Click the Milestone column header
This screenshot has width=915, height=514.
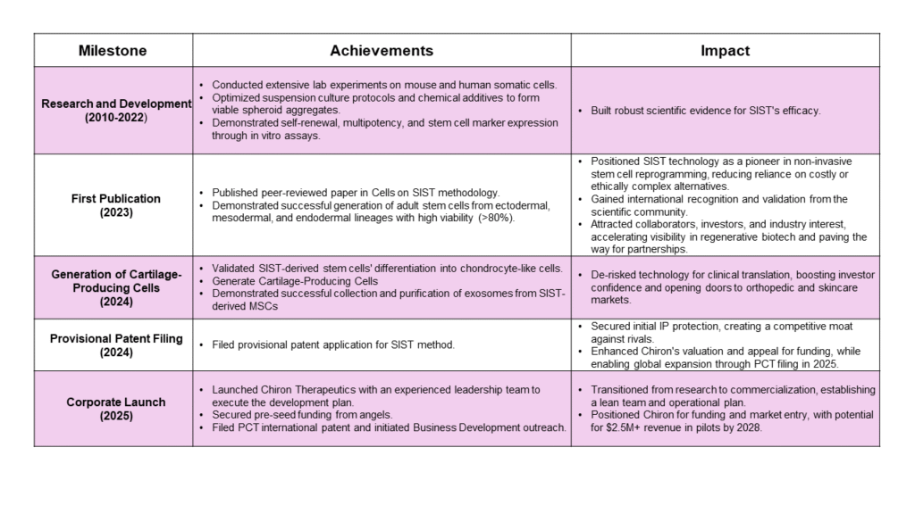pyautogui.click(x=113, y=51)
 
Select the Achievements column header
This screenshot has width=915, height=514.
pyautogui.click(x=382, y=51)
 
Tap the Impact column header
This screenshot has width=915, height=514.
pyautogui.click(x=725, y=51)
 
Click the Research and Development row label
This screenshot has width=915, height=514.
pyautogui.click(x=116, y=104)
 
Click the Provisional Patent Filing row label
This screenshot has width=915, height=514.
pyautogui.click(x=116, y=338)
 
